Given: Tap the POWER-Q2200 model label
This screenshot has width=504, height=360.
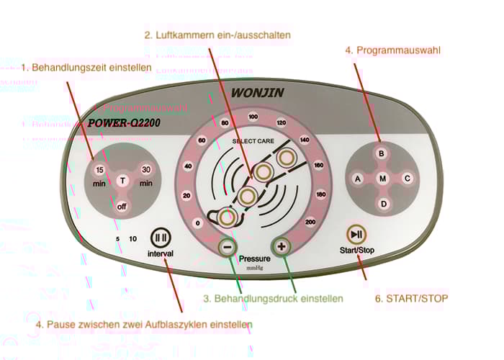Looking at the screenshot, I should (124, 122).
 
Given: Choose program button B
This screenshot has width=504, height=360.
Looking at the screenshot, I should (382, 153).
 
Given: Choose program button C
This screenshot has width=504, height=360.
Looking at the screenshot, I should (407, 178).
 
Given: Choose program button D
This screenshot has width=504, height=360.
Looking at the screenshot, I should (382, 204).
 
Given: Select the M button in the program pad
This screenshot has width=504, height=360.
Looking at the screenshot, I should (382, 178).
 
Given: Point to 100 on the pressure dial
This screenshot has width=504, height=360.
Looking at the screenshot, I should (253, 117).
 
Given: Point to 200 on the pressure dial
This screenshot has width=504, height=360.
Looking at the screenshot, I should (310, 222).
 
